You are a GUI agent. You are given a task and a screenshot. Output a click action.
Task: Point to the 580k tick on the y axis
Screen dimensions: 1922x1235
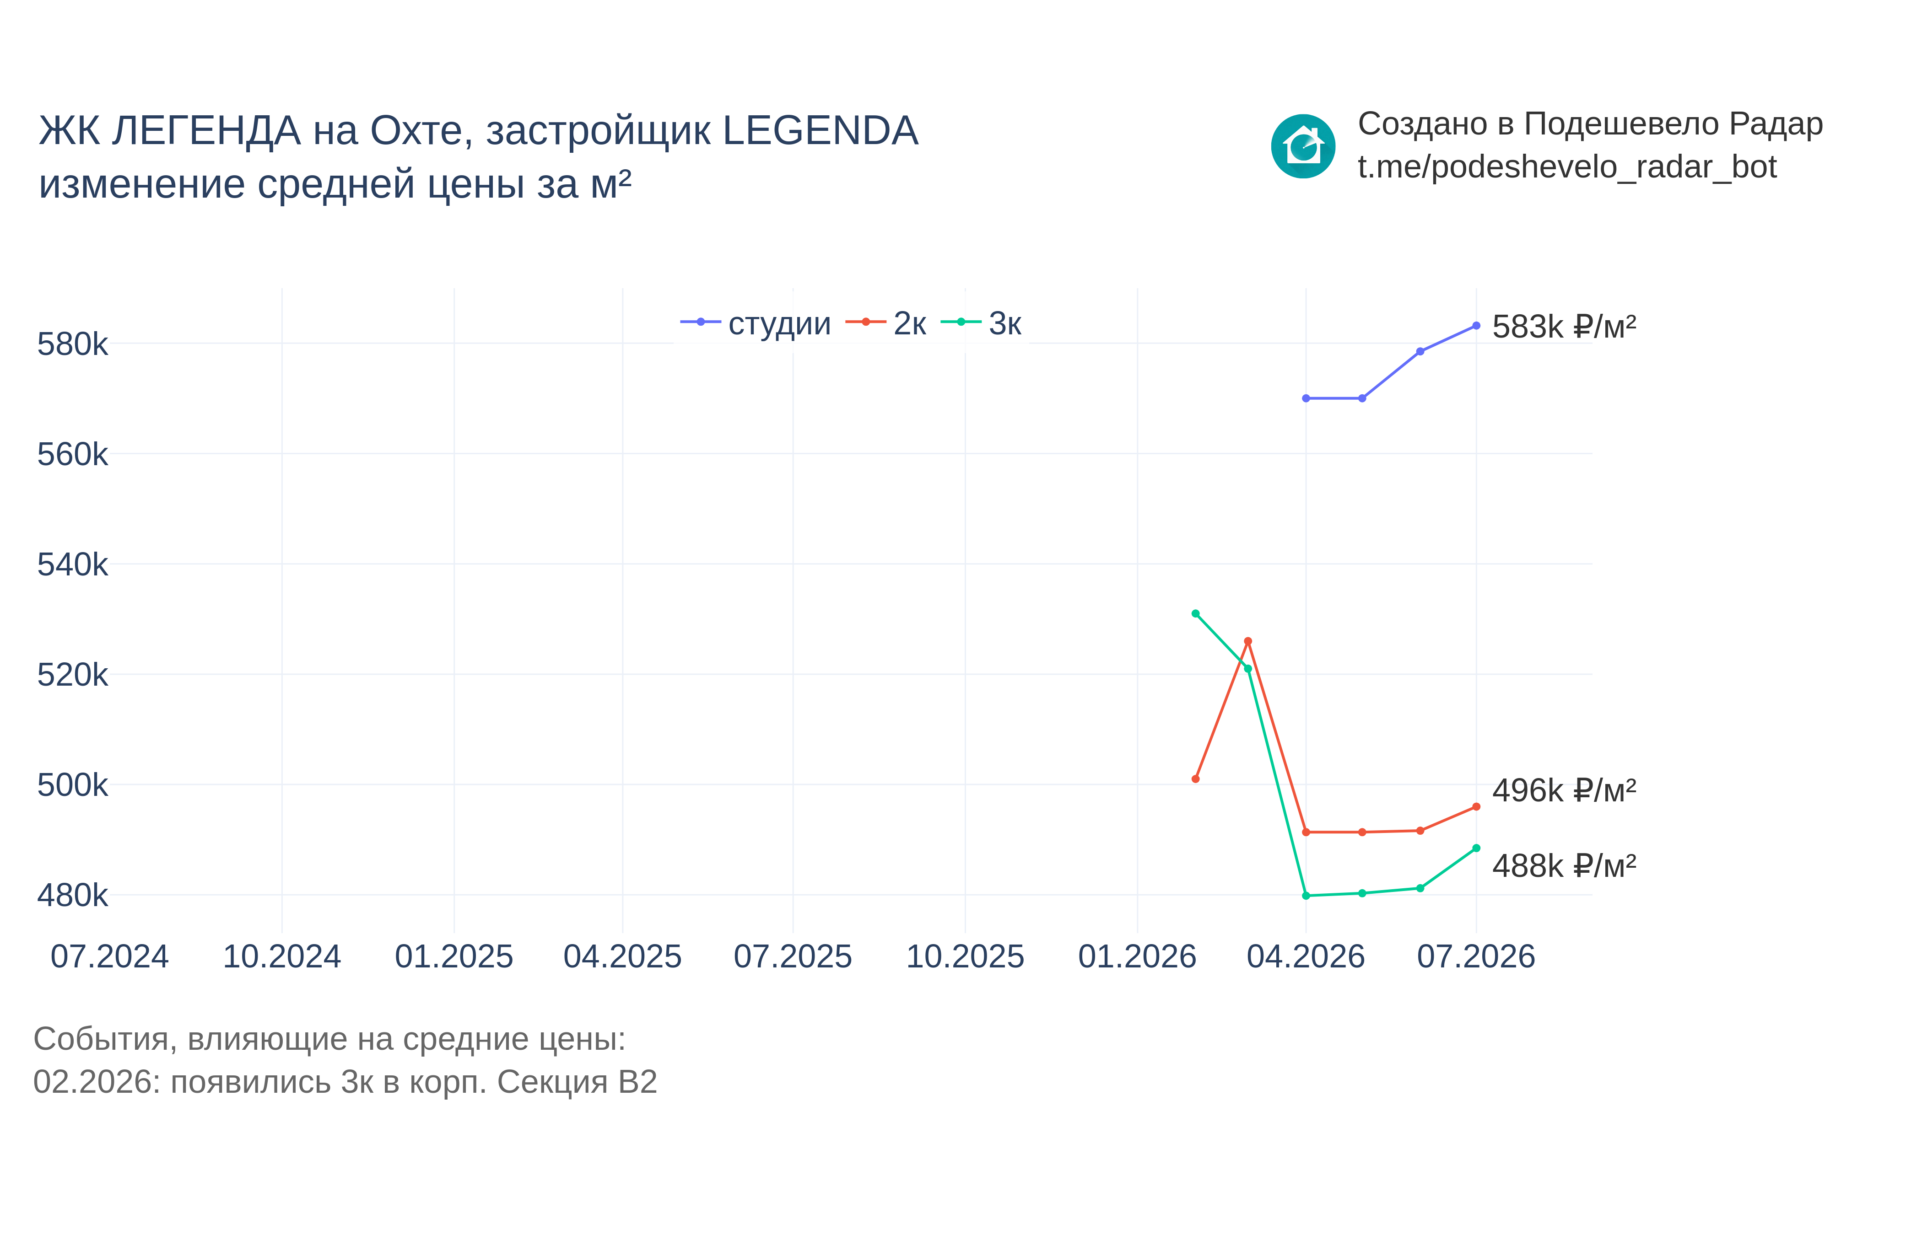click(72, 344)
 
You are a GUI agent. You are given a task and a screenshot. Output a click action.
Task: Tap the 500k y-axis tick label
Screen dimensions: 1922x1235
click(72, 785)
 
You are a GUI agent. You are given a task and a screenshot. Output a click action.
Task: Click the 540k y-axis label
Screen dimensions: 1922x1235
click(72, 564)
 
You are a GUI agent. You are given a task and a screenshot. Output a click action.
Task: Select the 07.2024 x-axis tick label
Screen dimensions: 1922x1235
click(110, 957)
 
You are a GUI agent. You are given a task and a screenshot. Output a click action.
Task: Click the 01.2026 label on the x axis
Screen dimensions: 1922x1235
click(1137, 957)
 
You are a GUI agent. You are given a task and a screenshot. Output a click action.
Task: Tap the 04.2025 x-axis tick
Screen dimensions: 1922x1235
click(622, 957)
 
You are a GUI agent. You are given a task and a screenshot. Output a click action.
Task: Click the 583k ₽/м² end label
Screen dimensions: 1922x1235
click(1563, 327)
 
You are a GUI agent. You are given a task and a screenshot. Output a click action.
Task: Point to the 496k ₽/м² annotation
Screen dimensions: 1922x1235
click(1563, 791)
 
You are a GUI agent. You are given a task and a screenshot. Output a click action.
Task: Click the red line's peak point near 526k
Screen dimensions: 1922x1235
click(1247, 642)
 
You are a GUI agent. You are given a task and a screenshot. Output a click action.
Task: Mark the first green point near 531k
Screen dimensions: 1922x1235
click(1195, 613)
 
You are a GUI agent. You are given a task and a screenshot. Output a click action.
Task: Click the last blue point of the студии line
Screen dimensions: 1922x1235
click(1476, 326)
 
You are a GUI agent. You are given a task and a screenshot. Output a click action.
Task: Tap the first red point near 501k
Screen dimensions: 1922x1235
click(1195, 779)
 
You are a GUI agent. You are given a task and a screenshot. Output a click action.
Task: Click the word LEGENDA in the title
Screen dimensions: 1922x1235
click(820, 131)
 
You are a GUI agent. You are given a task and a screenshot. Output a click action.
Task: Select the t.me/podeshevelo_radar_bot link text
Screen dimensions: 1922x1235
click(1566, 167)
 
